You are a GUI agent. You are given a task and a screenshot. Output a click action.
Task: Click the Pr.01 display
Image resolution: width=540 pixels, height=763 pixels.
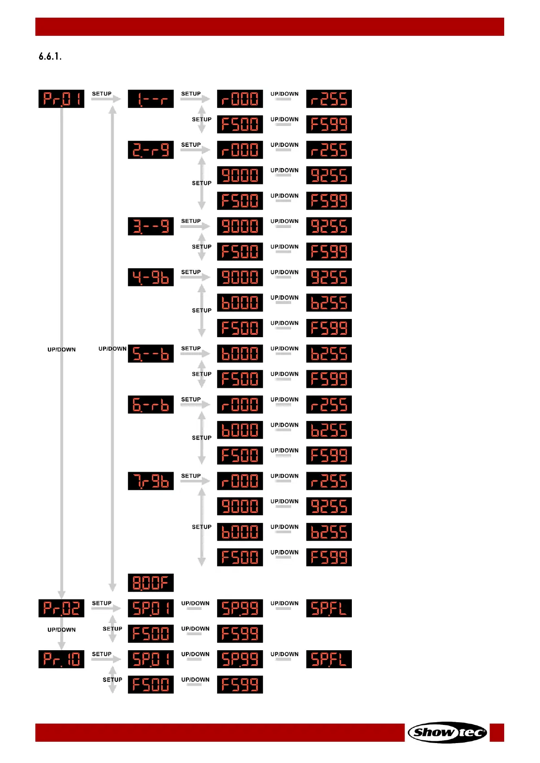pos(61,99)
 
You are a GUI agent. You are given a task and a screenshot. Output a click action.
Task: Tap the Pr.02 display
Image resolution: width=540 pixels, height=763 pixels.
pos(61,608)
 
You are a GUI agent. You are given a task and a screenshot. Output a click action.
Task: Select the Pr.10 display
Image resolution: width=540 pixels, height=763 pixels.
pos(61,659)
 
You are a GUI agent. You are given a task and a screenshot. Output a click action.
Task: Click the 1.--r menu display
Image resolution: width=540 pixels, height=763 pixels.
pos(151,99)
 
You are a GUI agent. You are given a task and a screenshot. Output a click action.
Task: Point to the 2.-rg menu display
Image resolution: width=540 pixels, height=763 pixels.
pos(151,150)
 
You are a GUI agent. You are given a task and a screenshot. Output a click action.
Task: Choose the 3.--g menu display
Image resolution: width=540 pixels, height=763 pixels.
pos(151,226)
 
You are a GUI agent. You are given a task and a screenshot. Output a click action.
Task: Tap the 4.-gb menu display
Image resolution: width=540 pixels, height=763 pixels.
pos(151,277)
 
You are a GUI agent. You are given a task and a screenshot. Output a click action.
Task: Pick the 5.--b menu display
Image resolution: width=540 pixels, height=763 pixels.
pos(151,354)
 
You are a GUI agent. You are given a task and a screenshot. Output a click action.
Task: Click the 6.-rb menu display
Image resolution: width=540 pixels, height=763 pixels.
pos(151,405)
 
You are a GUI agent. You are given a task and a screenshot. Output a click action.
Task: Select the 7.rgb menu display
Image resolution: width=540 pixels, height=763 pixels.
pos(151,481)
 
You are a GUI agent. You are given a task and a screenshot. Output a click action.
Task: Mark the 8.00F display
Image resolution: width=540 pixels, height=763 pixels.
pos(151,583)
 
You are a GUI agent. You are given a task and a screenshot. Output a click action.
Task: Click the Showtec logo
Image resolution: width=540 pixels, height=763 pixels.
pos(447,732)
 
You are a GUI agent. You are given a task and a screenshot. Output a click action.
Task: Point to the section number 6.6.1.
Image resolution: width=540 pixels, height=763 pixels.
pos(50,57)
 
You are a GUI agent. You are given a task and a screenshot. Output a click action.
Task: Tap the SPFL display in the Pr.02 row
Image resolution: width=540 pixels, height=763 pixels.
pos(329,608)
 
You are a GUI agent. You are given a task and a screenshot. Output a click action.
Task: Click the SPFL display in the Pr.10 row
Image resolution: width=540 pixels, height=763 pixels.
pos(329,659)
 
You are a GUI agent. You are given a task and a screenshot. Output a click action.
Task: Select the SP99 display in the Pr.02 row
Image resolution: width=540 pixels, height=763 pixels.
pos(240,608)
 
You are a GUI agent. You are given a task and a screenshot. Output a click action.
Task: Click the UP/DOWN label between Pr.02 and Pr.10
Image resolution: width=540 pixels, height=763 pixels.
pos(62,630)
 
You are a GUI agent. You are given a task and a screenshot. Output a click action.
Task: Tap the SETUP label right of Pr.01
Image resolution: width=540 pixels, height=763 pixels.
pos(102,94)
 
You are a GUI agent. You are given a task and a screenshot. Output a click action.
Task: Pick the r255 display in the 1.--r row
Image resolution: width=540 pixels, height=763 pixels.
pos(329,99)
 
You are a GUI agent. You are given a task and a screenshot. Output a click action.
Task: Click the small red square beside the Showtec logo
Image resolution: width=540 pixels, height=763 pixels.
pos(497,732)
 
